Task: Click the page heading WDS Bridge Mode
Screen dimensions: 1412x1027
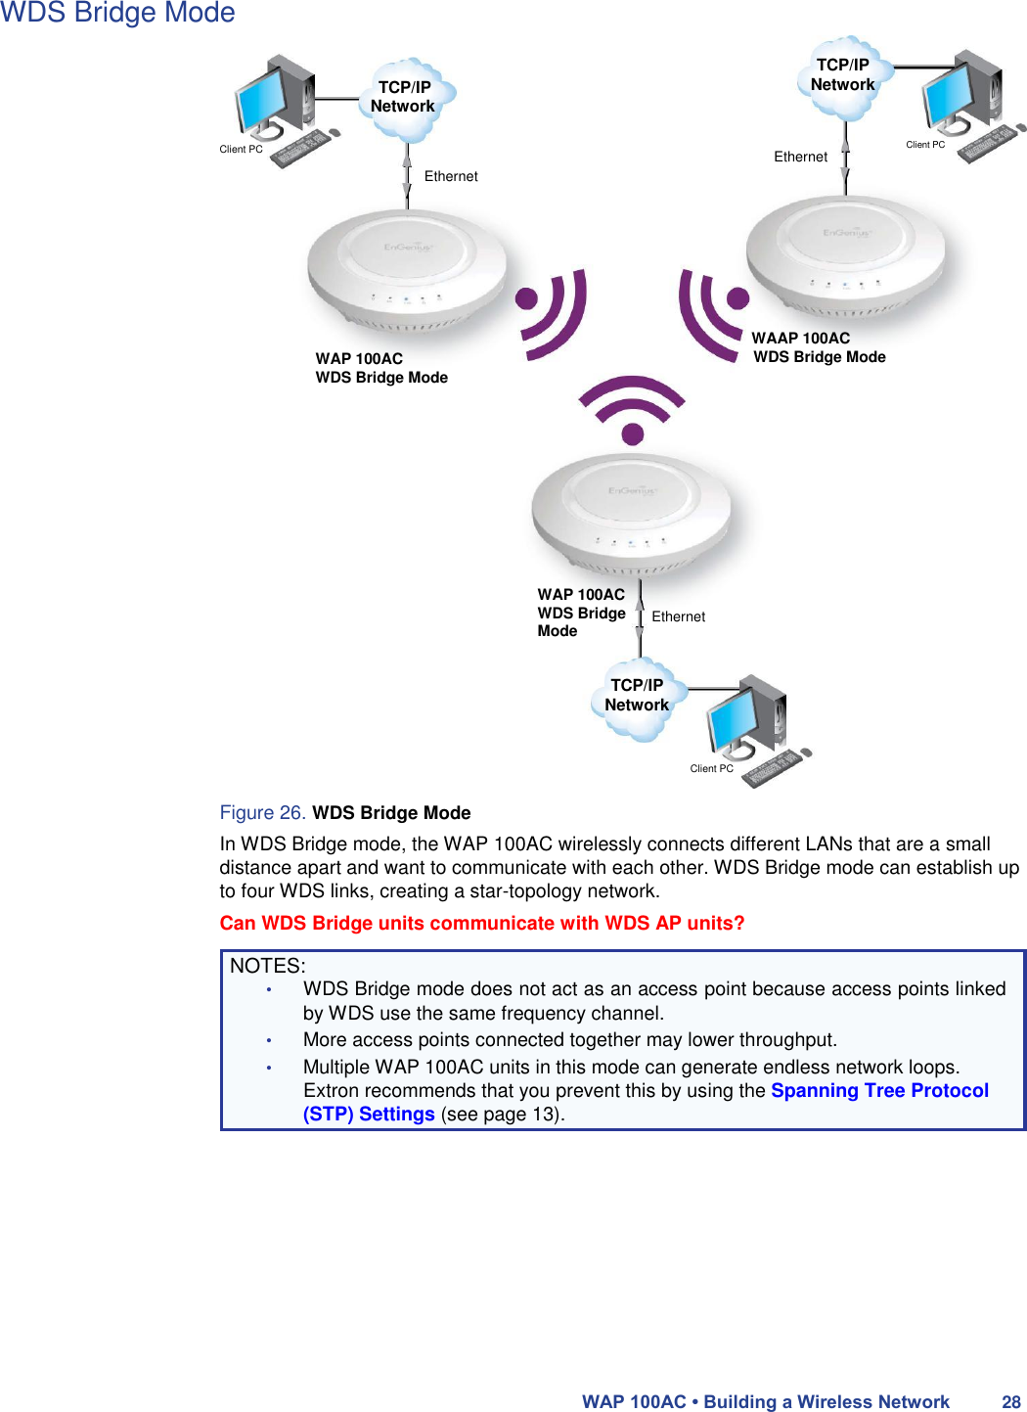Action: pyautogui.click(x=117, y=14)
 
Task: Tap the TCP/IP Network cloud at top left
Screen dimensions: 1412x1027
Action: pyautogui.click(x=404, y=98)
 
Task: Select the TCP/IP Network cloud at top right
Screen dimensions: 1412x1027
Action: pyautogui.click(x=843, y=76)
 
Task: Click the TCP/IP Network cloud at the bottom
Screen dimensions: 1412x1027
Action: pyautogui.click(x=637, y=697)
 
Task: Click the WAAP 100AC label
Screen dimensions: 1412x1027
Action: pyautogui.click(x=800, y=339)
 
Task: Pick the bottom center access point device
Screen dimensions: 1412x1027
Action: pyautogui.click(x=631, y=515)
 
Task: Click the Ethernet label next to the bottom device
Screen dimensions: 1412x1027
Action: pyautogui.click(x=678, y=617)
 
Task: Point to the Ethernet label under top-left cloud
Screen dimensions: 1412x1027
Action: pyautogui.click(x=451, y=177)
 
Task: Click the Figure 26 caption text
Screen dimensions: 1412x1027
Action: pyautogui.click(x=345, y=813)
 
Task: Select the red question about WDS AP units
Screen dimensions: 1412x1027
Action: pyautogui.click(x=482, y=924)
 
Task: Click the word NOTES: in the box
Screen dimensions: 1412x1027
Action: pyautogui.click(x=267, y=966)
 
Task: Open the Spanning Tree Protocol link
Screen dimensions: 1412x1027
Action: pyautogui.click(x=879, y=1091)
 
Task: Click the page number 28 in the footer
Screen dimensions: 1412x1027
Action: pyautogui.click(x=1010, y=1402)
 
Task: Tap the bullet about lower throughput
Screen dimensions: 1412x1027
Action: pyautogui.click(x=569, y=1040)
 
